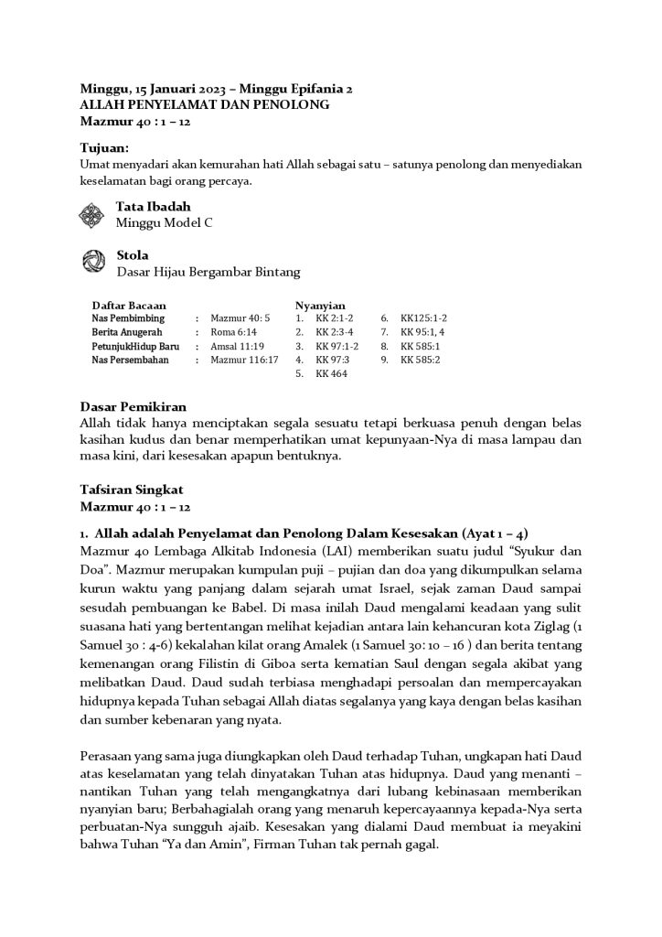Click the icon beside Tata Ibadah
[93, 215]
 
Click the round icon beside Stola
[93, 263]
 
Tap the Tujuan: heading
[104, 147]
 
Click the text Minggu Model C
[164, 222]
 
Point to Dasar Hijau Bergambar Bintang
[208, 271]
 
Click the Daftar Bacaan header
[129, 306]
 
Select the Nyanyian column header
[320, 306]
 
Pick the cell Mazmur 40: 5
[240, 318]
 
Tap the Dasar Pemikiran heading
[137, 408]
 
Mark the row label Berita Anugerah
[127, 332]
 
